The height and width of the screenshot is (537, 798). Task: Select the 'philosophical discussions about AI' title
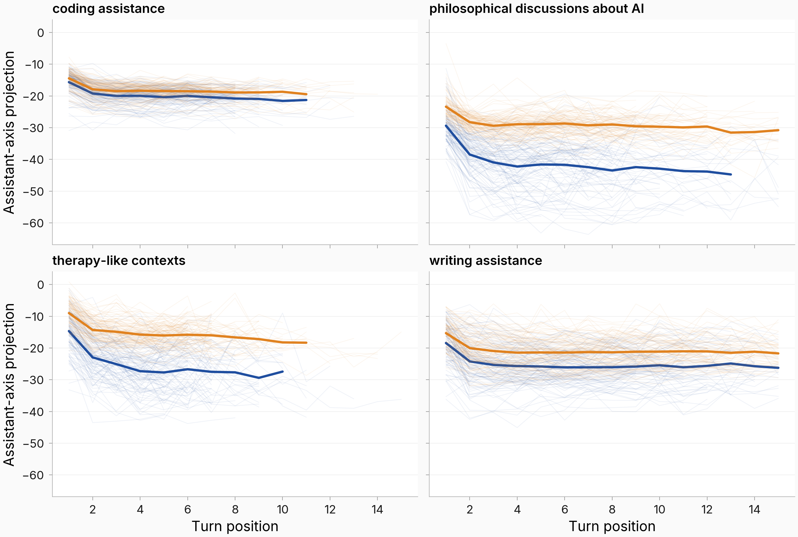[x=537, y=9]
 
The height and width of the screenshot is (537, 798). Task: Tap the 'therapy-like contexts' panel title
[x=119, y=261]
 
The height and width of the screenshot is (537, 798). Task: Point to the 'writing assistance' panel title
[x=486, y=261]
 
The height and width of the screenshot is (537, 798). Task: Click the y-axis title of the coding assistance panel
[x=9, y=132]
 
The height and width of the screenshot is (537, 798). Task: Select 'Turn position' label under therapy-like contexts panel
[x=235, y=526]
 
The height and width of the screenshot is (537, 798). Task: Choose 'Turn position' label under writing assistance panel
[x=612, y=526]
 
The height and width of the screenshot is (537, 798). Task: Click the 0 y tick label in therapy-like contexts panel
[x=41, y=284]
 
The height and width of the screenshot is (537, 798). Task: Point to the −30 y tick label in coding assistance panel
[x=33, y=128]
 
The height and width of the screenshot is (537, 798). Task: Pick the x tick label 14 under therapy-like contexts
[x=377, y=510]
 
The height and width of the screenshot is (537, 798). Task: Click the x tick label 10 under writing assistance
[x=660, y=510]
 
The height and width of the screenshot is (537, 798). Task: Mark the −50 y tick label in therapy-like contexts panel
[x=33, y=443]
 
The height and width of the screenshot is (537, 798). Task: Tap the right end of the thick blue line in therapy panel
[x=283, y=372]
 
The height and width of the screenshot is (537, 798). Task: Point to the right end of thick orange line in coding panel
[x=306, y=94]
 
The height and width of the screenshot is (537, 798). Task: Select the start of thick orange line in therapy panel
[x=69, y=313]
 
